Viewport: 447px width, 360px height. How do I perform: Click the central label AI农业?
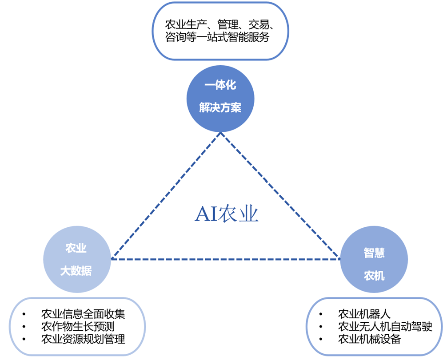click(227, 214)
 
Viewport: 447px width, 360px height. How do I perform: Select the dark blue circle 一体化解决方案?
click(220, 99)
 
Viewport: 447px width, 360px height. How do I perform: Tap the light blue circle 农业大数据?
click(77, 260)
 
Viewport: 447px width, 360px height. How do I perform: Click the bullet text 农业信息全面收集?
click(83, 314)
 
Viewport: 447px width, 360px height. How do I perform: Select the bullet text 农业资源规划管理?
click(83, 340)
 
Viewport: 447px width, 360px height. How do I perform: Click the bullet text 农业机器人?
click(364, 314)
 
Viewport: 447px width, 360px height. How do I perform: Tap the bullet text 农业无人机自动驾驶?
click(385, 327)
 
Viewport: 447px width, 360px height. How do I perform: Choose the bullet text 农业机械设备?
click(370, 340)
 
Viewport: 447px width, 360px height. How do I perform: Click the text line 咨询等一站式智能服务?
click(217, 37)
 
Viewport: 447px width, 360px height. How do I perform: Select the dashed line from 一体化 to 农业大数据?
click(165, 196)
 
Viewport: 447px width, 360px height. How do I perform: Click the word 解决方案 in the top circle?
click(220, 107)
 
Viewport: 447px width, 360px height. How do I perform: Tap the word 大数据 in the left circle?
click(77, 271)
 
